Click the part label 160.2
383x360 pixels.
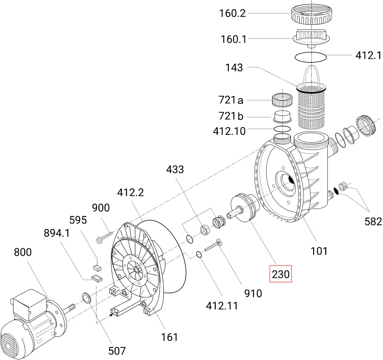pyautogui.click(x=232, y=14)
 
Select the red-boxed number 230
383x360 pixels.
pyautogui.click(x=280, y=274)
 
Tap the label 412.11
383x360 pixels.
pyautogui.click(x=222, y=306)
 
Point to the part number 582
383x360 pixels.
pyautogui.click(x=373, y=221)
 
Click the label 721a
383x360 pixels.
pyautogui.click(x=231, y=100)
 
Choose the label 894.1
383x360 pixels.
pyautogui.click(x=57, y=233)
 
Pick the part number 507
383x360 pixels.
pyautogui.click(x=117, y=351)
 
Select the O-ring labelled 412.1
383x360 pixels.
pyautogui.click(x=310, y=57)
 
